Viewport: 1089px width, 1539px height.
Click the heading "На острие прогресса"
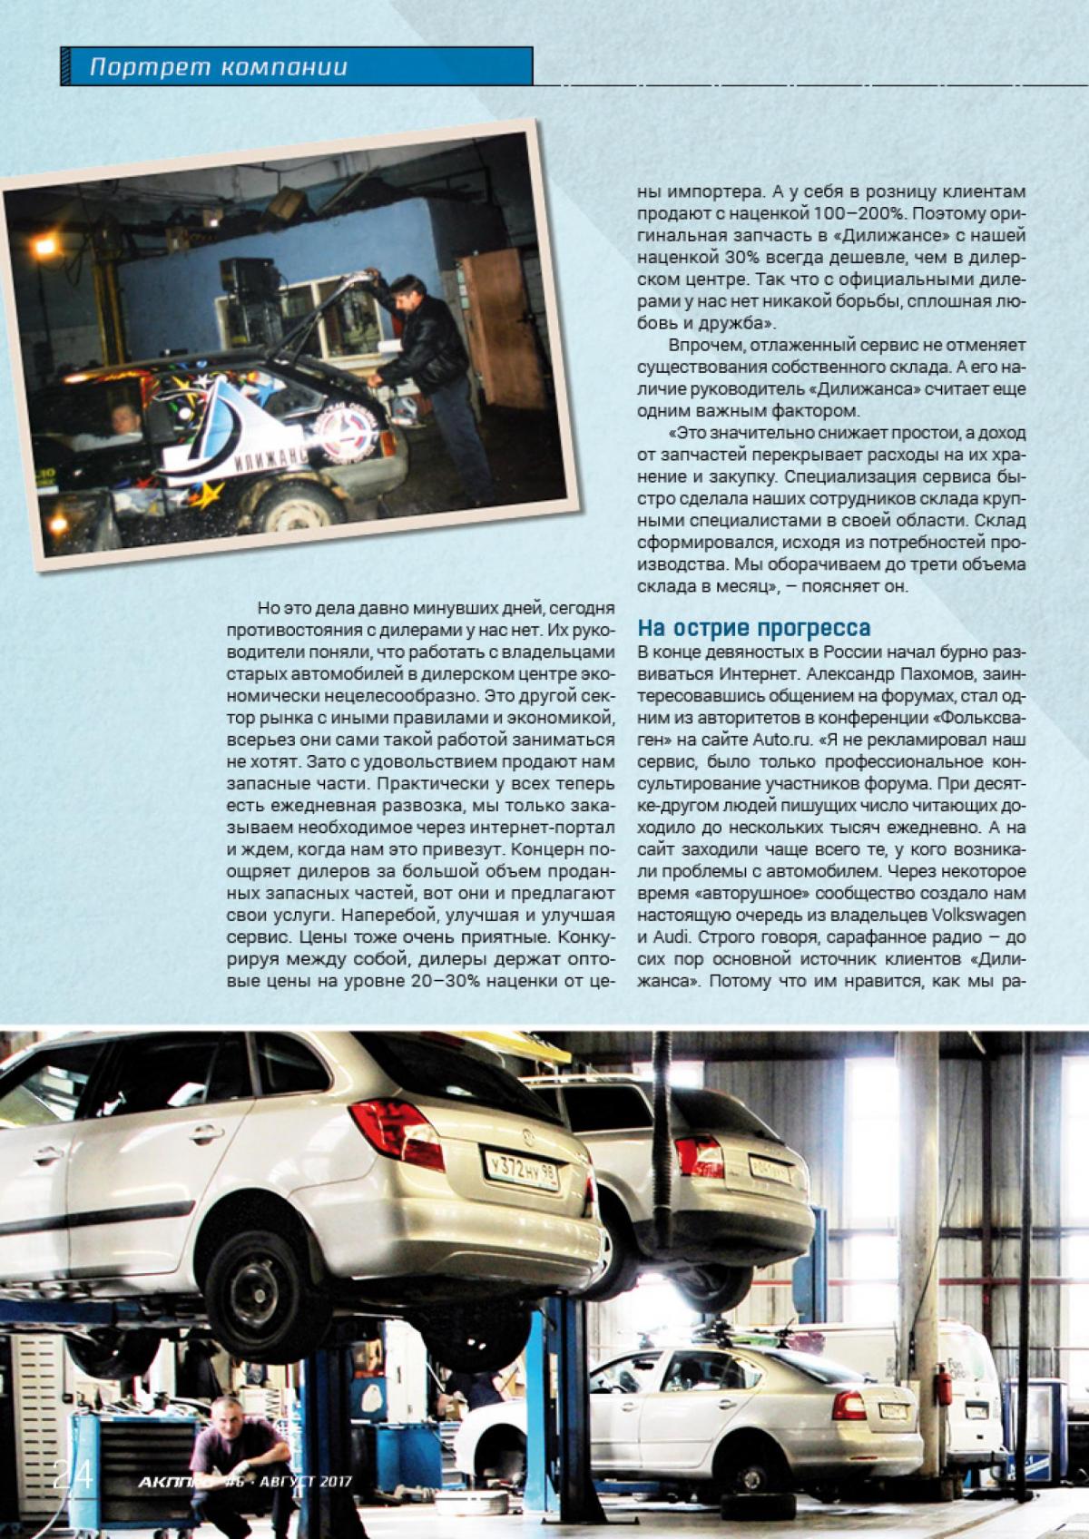pyautogui.click(x=755, y=628)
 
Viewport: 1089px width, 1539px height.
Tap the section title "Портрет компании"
pyautogui.click(x=221, y=67)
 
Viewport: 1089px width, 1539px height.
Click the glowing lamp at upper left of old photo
pyautogui.click(x=44, y=246)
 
